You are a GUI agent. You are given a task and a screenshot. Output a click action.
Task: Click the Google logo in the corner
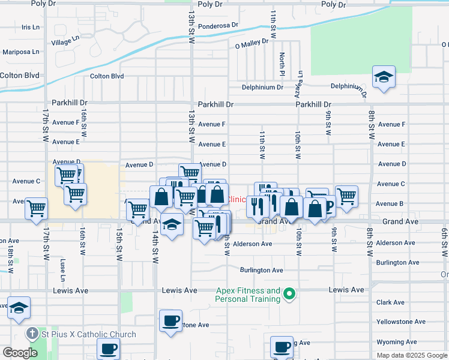coord(20,353)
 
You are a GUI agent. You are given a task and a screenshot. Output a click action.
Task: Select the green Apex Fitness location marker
coord(289,293)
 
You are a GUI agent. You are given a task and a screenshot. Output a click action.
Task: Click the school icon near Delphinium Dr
coord(384,78)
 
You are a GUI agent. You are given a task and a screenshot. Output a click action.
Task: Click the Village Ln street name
coord(65,40)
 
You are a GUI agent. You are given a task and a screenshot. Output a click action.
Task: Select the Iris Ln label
coord(30,27)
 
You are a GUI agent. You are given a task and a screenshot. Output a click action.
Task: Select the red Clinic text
coord(237,199)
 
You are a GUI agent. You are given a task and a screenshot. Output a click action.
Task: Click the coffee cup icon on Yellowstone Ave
coord(171,320)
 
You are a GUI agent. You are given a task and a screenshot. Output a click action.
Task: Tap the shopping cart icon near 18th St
coord(36,208)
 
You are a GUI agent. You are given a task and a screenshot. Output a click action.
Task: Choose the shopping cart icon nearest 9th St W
coord(346,196)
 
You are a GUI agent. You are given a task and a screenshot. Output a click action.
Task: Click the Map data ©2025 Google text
coord(411,355)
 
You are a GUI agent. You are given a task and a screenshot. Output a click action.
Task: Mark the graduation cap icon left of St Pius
coord(19,308)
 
